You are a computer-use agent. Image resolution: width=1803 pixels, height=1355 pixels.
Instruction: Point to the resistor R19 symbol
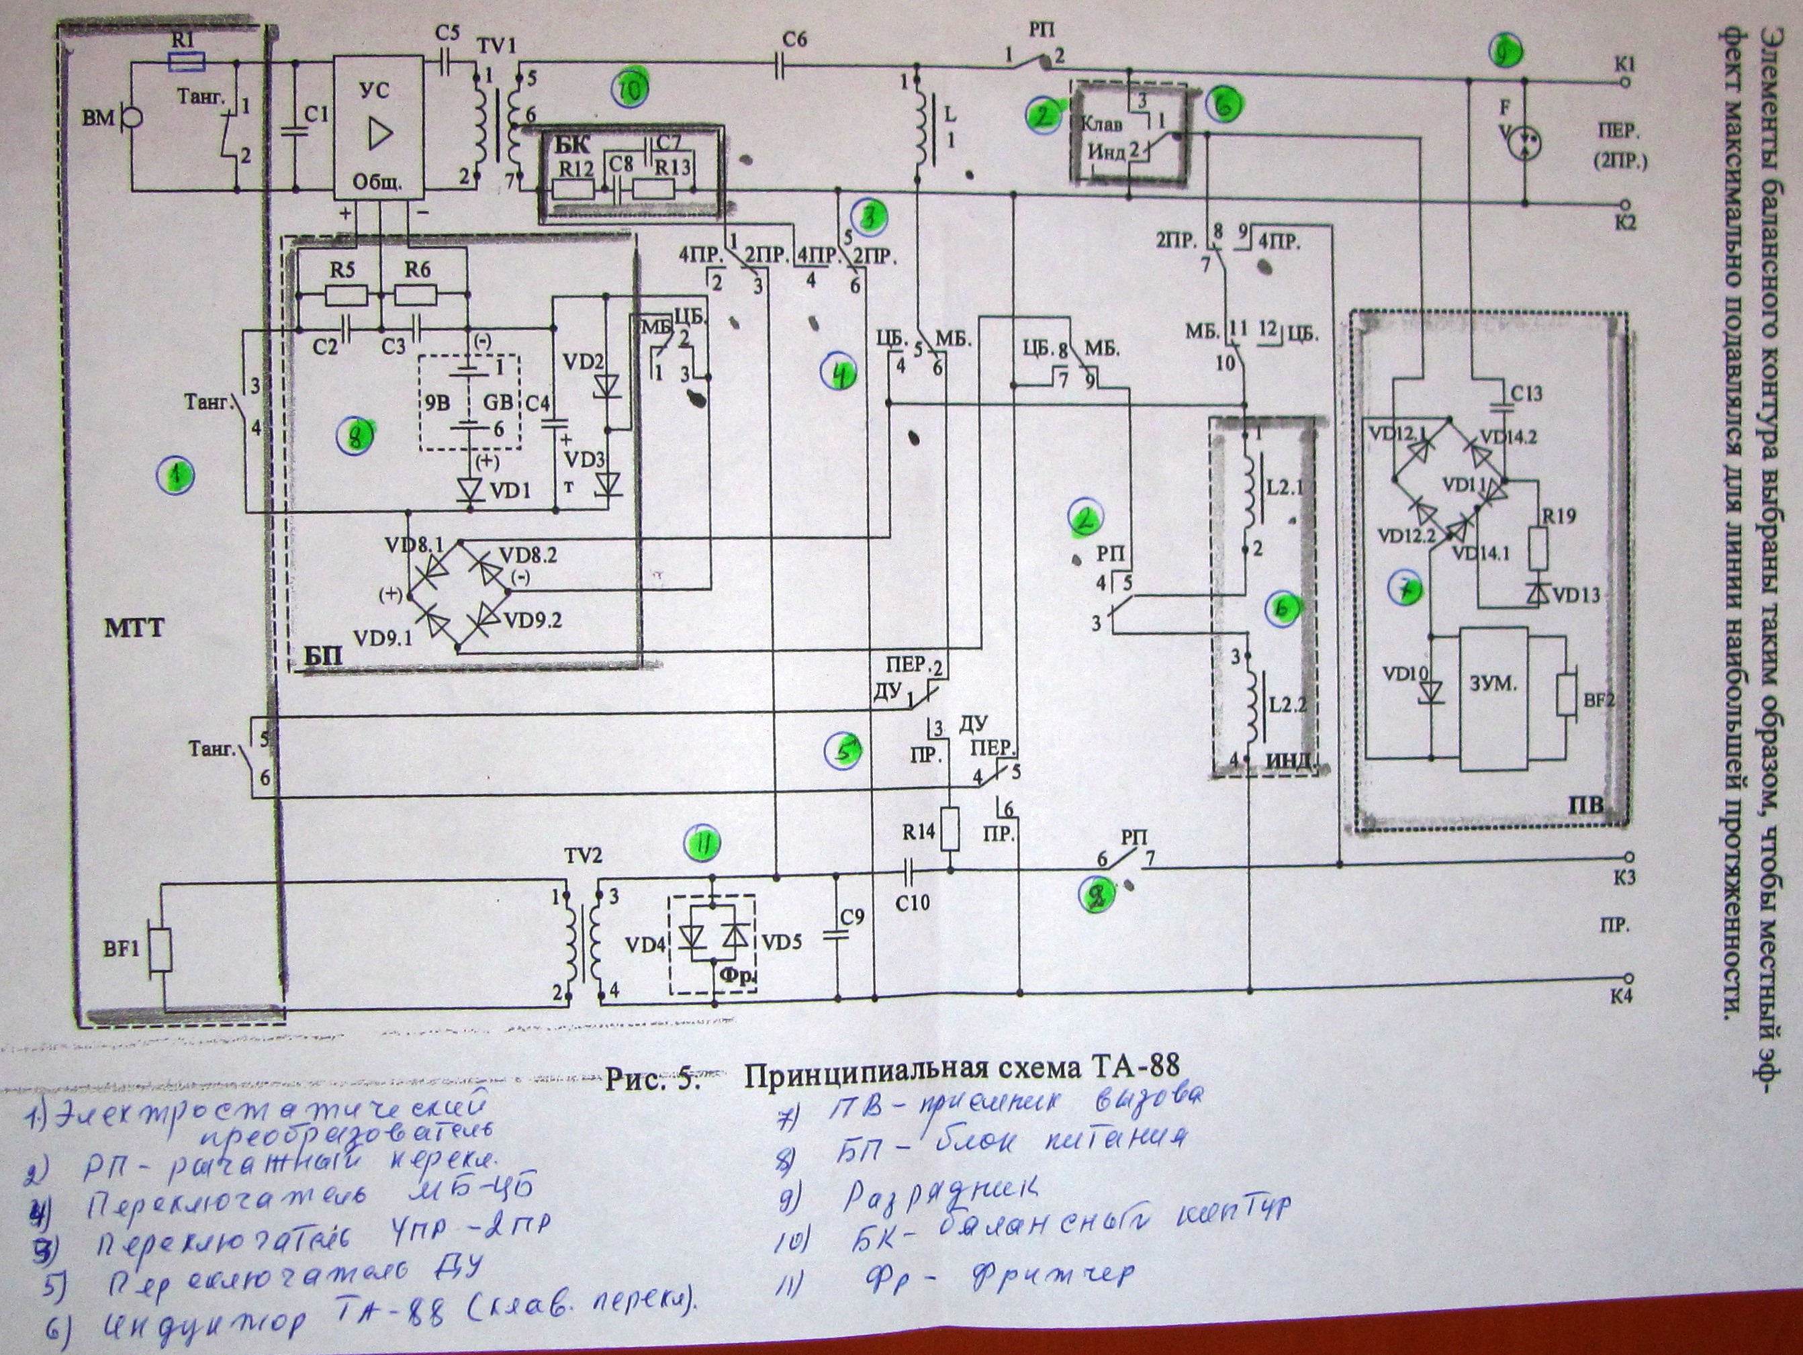click(x=1539, y=549)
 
